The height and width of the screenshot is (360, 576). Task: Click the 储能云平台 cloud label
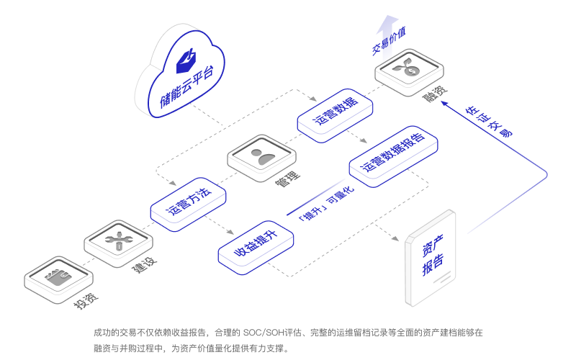tap(185, 88)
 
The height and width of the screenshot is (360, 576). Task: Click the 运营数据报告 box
tap(393, 155)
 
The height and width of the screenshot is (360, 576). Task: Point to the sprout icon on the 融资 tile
tap(408, 68)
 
